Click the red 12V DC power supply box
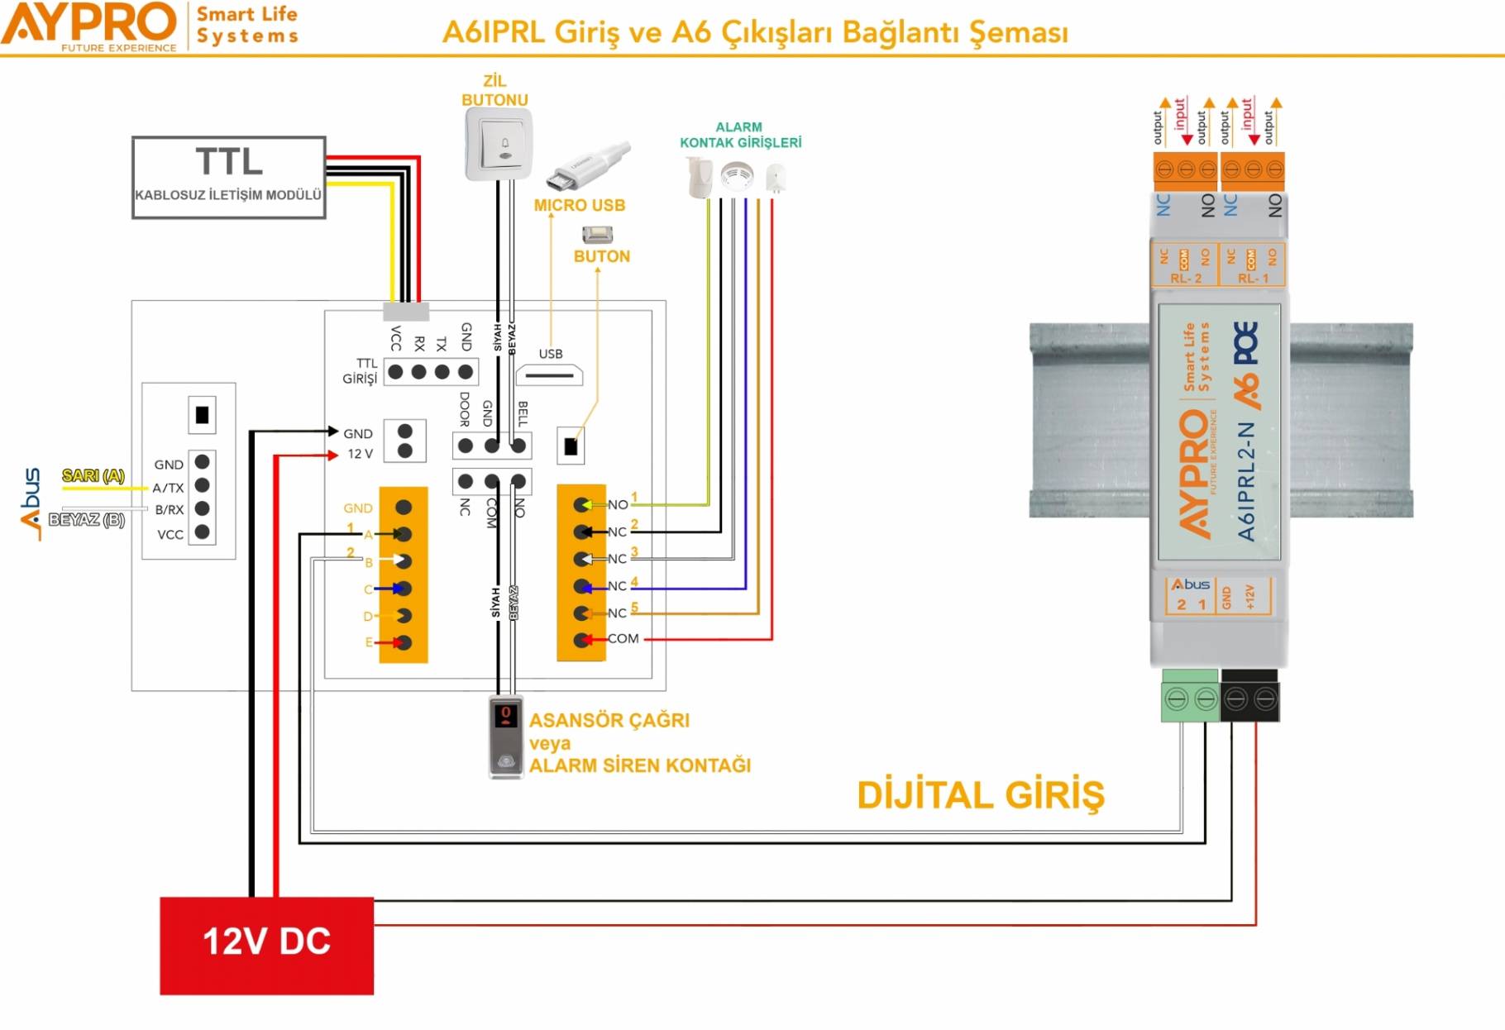coord(266,945)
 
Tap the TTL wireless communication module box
coord(228,178)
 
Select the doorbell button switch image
coord(498,145)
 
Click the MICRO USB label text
coord(579,205)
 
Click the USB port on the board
coord(550,375)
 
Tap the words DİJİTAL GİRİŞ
coord(980,795)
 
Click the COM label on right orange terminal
coord(623,638)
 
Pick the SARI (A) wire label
coord(93,475)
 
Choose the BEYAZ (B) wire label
coord(87,519)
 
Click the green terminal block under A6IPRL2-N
coord(1191,698)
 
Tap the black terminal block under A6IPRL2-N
coord(1249,698)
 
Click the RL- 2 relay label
coord(1185,279)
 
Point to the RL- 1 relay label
coord(1252,279)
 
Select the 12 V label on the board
coord(360,454)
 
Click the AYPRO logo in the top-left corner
coord(89,26)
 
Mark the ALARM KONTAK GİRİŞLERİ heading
coord(740,135)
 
